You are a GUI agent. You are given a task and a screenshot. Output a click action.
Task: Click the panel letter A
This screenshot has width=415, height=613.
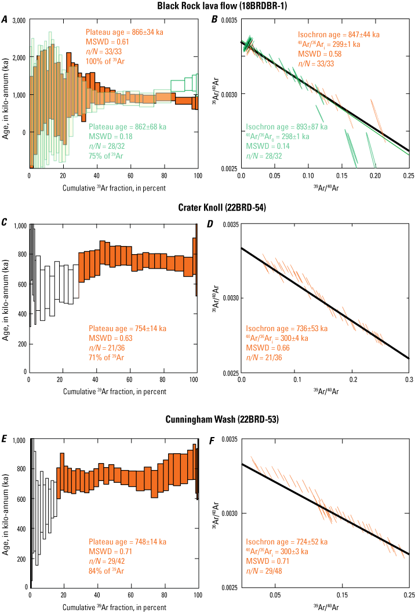[5, 20]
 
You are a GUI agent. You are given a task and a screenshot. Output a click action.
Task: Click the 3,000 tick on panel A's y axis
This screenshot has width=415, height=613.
[18, 20]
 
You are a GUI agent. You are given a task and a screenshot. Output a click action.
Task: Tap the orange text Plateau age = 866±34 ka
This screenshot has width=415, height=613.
[123, 34]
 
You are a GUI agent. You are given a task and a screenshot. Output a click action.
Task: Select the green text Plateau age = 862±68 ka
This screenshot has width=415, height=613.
[126, 126]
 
